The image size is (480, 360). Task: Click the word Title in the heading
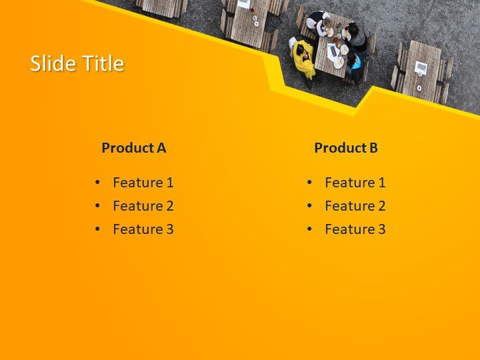click(102, 64)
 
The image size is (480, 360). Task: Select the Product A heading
click(133, 148)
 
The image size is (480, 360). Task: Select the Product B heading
click(345, 148)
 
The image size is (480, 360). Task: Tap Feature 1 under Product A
click(143, 183)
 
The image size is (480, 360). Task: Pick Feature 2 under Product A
click(143, 206)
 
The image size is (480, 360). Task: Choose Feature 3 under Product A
click(143, 229)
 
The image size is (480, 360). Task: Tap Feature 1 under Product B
click(355, 183)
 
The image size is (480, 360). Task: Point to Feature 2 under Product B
click(355, 206)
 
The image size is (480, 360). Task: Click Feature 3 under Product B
click(355, 229)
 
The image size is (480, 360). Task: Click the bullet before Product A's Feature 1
click(98, 183)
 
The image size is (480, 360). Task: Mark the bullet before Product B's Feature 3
click(310, 229)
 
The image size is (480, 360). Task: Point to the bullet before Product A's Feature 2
click(98, 206)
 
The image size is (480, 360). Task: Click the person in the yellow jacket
click(303, 59)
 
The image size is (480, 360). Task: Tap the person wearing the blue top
click(355, 64)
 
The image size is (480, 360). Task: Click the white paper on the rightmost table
click(421, 67)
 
